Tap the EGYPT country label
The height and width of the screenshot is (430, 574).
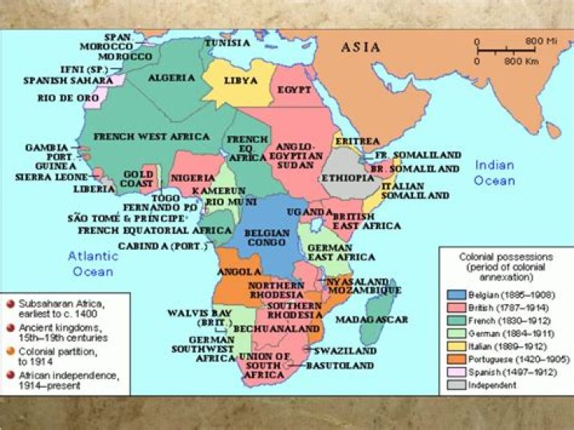click(294, 90)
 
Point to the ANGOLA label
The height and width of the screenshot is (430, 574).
click(235, 271)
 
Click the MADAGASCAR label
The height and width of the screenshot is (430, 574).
click(372, 319)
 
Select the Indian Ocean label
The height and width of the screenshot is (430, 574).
click(494, 173)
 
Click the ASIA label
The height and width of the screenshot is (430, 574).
click(361, 47)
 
